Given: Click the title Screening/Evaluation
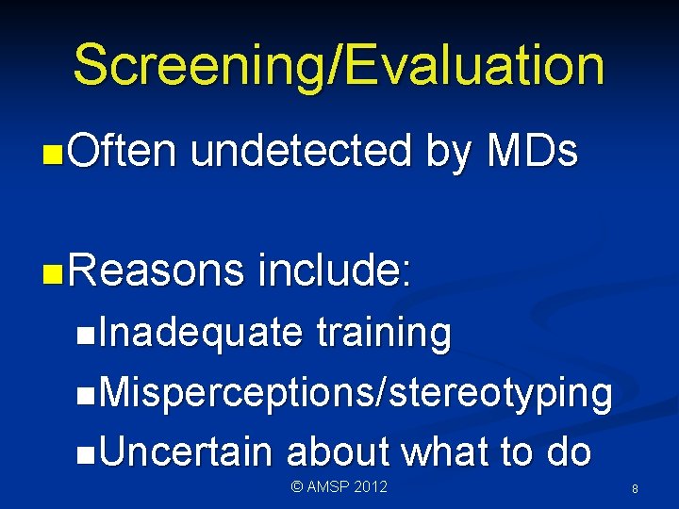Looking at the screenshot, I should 339,65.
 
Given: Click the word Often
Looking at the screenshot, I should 122,151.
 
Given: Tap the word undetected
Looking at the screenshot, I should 301,151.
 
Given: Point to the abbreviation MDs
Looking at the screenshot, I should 531,151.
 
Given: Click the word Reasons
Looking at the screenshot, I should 157,271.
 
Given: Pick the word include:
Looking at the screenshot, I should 335,271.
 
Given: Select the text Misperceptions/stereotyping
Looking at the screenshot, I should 354,393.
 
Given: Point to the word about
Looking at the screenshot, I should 339,452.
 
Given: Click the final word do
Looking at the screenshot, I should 568,452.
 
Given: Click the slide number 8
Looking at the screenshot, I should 635,489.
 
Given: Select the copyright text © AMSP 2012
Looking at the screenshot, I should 339,486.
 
